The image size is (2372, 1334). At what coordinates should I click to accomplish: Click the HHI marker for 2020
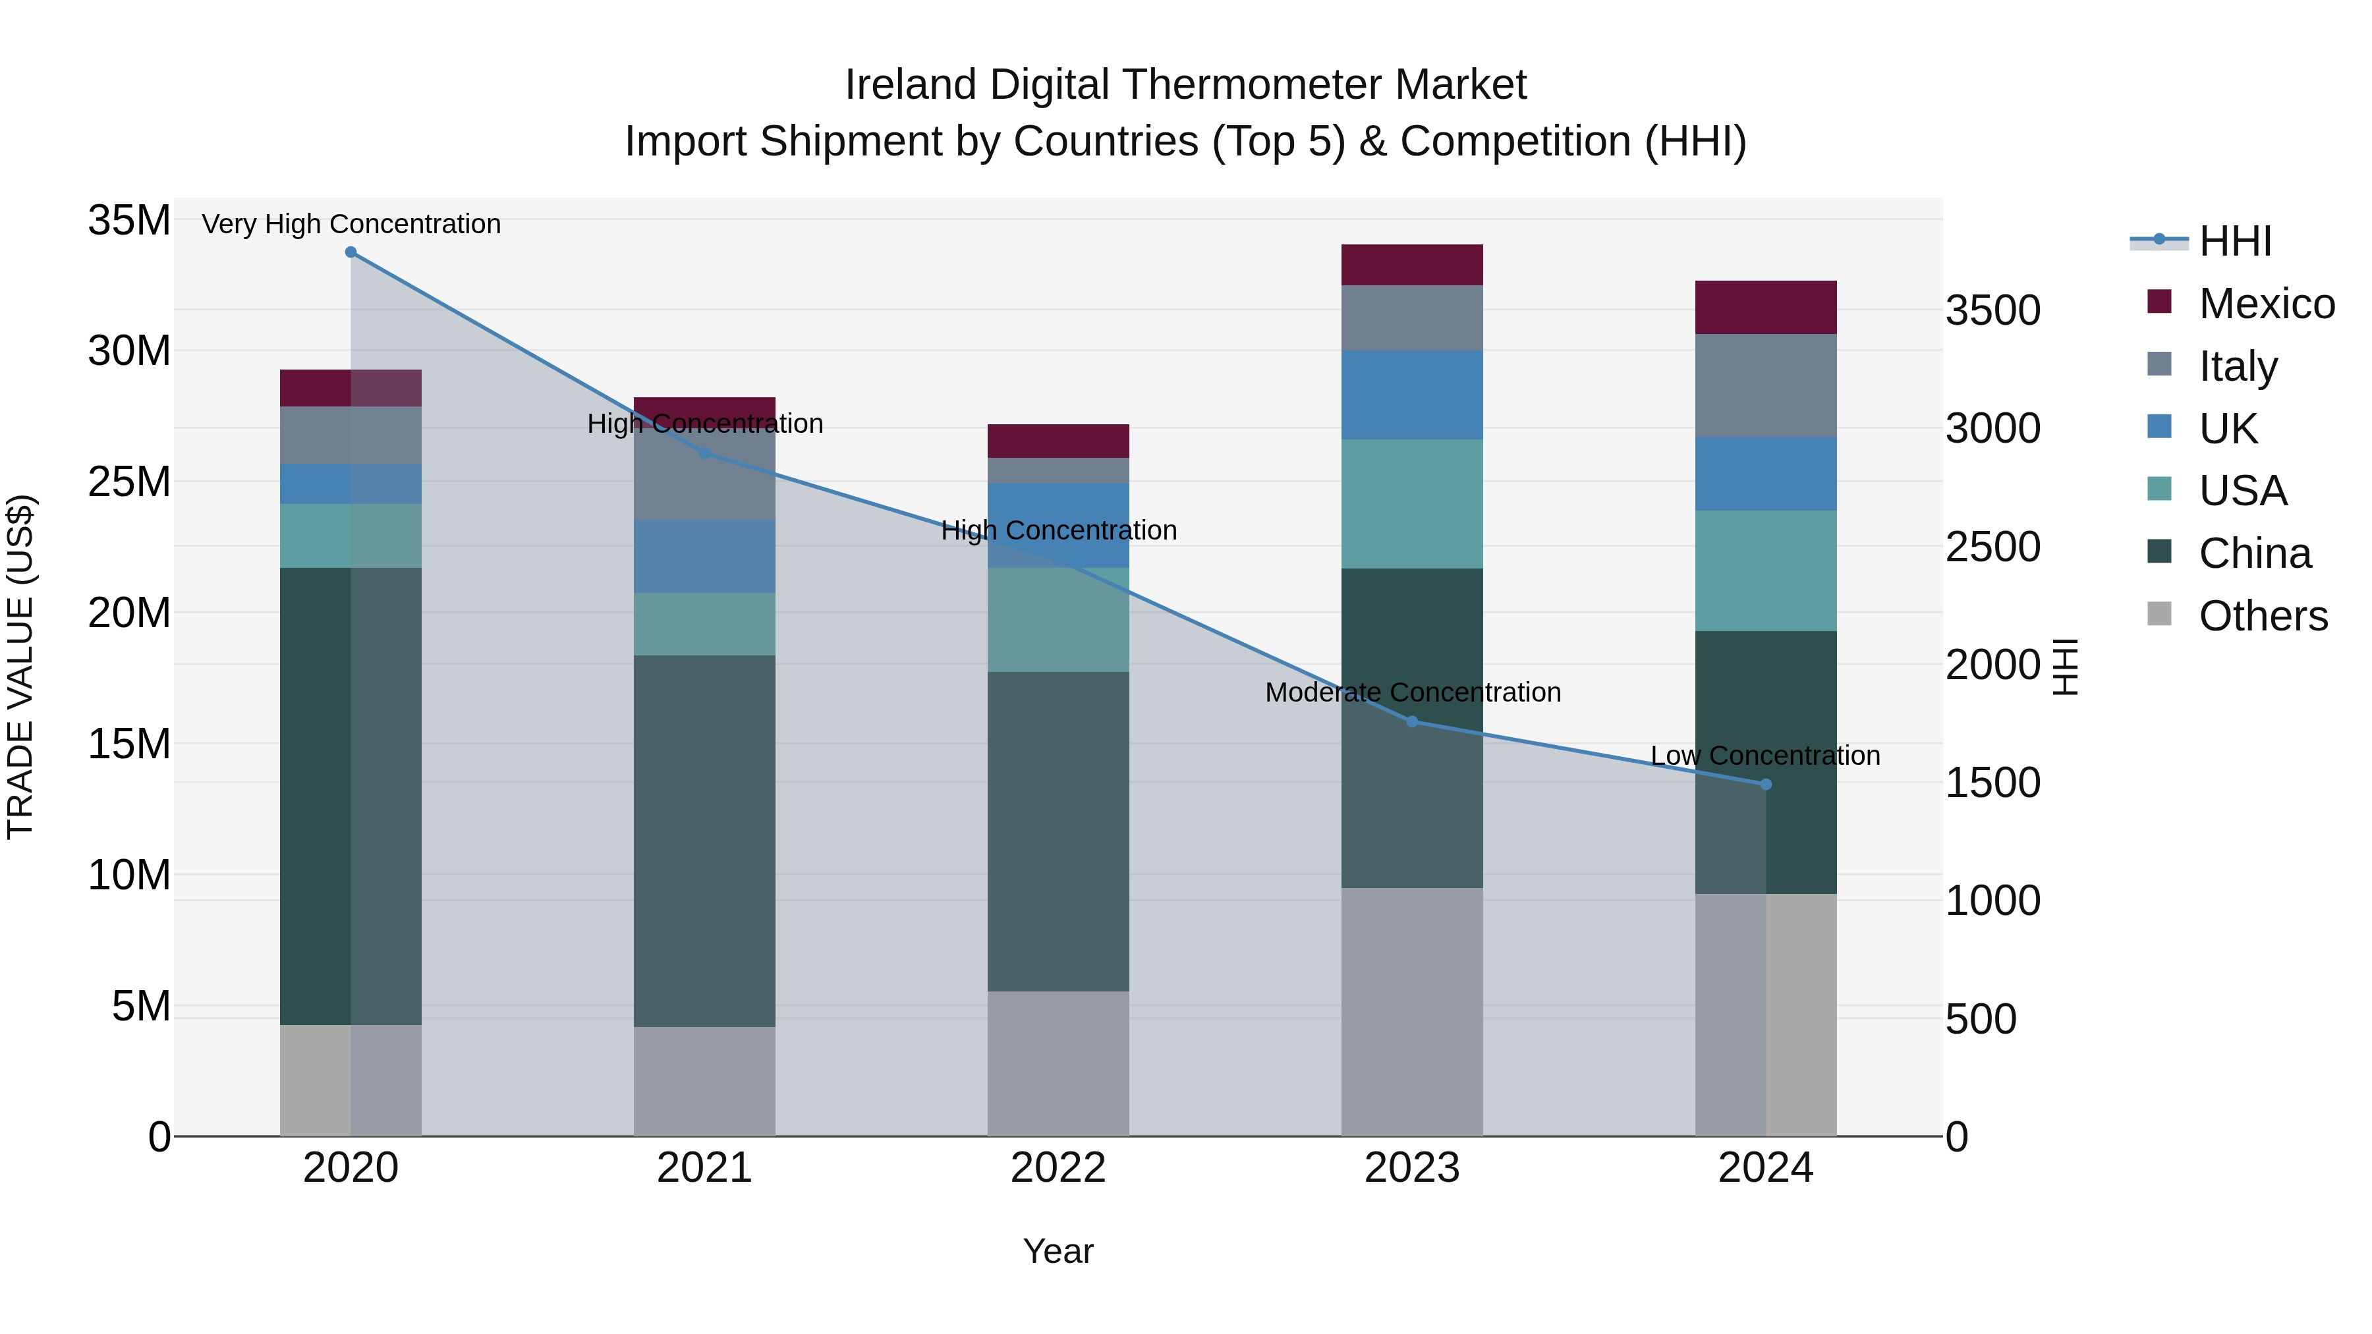pos(351,252)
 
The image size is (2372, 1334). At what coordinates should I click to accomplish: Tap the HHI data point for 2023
pos(1413,722)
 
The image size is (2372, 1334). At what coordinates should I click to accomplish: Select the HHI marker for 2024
pos(1766,785)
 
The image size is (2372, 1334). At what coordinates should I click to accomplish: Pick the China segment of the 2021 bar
pos(704,841)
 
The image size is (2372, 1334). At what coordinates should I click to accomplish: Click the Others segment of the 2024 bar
pos(1766,1014)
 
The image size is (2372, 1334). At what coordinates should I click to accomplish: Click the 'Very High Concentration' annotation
pos(351,224)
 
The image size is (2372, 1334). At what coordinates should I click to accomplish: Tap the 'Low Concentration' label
pos(1765,755)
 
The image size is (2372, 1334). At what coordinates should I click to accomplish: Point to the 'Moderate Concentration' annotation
pos(1413,692)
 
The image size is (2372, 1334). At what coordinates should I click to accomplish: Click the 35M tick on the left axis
pos(129,221)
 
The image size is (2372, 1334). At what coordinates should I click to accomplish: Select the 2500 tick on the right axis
pos(1992,547)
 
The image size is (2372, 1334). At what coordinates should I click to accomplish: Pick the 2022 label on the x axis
pos(1058,1168)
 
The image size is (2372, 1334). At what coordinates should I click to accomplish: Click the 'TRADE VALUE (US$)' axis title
pos(20,667)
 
